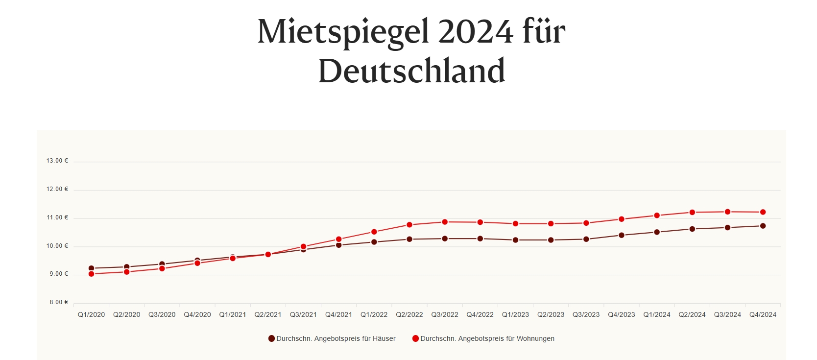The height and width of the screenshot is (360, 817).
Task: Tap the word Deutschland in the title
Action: tap(411, 71)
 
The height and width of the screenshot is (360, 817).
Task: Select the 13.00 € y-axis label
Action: tap(57, 161)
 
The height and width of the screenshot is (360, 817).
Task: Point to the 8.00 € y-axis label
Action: tap(59, 302)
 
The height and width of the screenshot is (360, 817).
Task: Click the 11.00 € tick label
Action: tap(57, 217)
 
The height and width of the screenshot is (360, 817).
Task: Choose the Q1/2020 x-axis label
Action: tap(91, 314)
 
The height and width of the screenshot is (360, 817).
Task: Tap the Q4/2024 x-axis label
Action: tap(763, 314)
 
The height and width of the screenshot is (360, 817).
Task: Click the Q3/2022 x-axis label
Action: tap(445, 314)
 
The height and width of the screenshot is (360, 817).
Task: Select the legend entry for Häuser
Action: tap(332, 338)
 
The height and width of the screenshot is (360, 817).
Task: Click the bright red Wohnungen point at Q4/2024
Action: tap(763, 212)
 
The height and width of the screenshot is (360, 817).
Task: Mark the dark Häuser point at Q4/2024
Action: tap(763, 226)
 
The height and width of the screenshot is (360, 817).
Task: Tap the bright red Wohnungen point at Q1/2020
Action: tap(91, 274)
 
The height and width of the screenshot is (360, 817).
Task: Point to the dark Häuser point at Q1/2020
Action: tap(91, 268)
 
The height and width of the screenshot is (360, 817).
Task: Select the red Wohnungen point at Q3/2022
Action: tap(445, 222)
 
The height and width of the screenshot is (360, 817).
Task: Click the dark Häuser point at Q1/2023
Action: tap(515, 240)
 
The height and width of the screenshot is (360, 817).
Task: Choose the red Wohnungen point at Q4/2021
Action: tap(338, 240)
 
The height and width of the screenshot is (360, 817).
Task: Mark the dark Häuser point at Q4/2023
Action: tap(622, 235)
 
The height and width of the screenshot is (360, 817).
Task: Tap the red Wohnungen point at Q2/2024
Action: tap(692, 212)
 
